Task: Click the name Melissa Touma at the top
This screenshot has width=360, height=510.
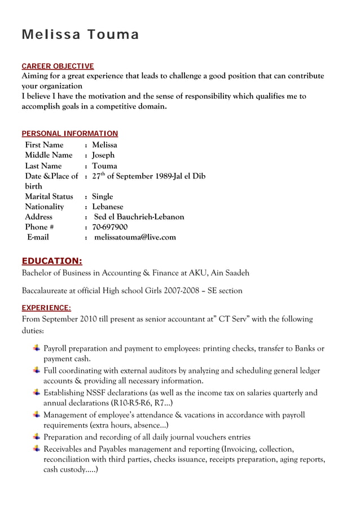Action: pyautogui.click(x=80, y=35)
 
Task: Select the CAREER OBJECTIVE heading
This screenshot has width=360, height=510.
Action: pyautogui.click(x=58, y=66)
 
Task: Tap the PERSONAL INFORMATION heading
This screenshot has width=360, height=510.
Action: pyautogui.click(x=69, y=134)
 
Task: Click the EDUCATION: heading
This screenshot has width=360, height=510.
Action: pyautogui.click(x=51, y=260)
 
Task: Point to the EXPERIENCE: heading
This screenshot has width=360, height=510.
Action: pyautogui.click(x=46, y=308)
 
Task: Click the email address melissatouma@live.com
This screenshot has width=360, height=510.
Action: pyautogui.click(x=135, y=237)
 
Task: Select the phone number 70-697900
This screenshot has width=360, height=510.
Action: pyautogui.click(x=109, y=227)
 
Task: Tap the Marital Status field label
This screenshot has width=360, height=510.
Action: pyautogui.click(x=49, y=197)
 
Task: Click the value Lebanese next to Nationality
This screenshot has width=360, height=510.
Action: pyautogui.click(x=107, y=207)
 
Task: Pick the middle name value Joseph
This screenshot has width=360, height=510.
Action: pyautogui.click(x=103, y=155)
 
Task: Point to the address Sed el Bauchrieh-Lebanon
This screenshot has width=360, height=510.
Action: pyautogui.click(x=139, y=217)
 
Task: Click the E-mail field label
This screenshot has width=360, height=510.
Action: pyautogui.click(x=38, y=237)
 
